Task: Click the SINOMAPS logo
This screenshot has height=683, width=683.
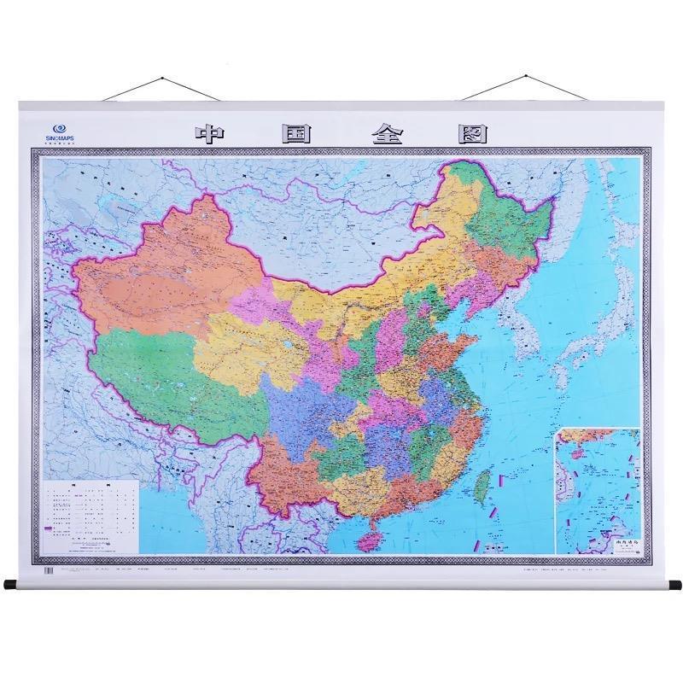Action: tap(61, 126)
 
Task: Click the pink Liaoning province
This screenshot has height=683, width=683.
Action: tap(474, 286)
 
